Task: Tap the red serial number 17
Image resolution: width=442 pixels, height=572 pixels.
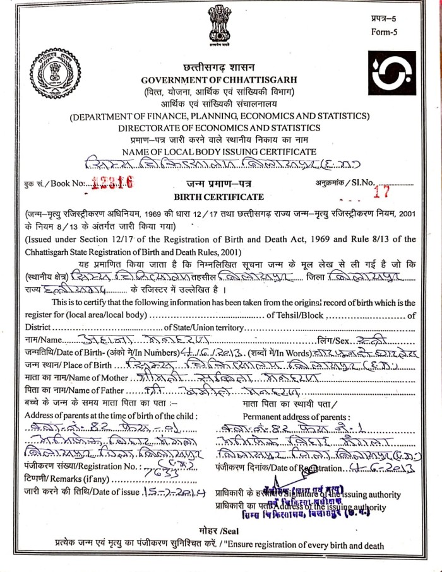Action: point(380,193)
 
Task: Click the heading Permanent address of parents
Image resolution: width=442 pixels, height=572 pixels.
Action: point(296,417)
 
